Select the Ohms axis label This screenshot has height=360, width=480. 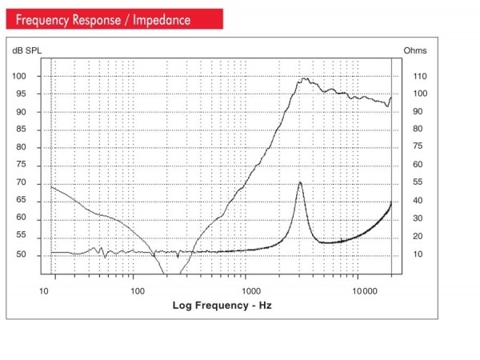(414, 50)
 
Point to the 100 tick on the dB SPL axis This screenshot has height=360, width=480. (20, 76)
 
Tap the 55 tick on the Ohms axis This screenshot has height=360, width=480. (418, 182)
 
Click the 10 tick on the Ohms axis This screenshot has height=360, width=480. (418, 254)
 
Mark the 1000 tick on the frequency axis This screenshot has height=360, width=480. (248, 290)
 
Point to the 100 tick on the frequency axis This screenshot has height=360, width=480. (138, 290)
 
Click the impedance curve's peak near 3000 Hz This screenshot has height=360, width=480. (300, 182)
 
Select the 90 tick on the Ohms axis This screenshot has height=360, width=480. (418, 112)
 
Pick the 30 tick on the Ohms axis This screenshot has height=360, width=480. (418, 218)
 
